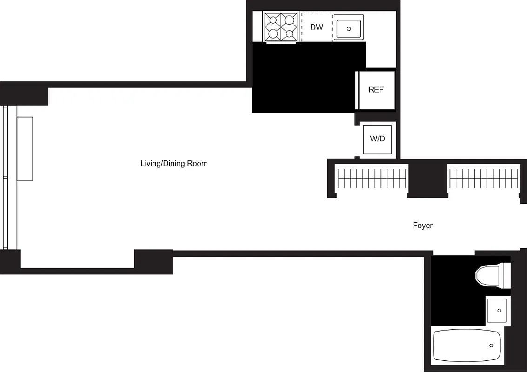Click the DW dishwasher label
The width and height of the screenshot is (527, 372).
(317, 27)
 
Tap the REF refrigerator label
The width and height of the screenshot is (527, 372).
(376, 90)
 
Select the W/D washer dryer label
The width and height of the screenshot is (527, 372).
(377, 139)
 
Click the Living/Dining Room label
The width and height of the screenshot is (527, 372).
(174, 164)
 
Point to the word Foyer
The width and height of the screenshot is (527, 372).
(422, 226)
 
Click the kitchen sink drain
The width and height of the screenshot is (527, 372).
(348, 29)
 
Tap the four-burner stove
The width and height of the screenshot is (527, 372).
(281, 27)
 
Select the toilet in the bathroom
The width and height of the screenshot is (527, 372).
(492, 275)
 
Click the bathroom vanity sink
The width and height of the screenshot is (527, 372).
(498, 310)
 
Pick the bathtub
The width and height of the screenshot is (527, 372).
(467, 345)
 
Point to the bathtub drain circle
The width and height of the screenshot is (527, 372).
(492, 345)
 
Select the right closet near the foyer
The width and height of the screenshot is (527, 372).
(484, 179)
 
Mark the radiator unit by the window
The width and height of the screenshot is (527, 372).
(25, 149)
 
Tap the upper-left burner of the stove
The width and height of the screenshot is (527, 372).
(273, 20)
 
